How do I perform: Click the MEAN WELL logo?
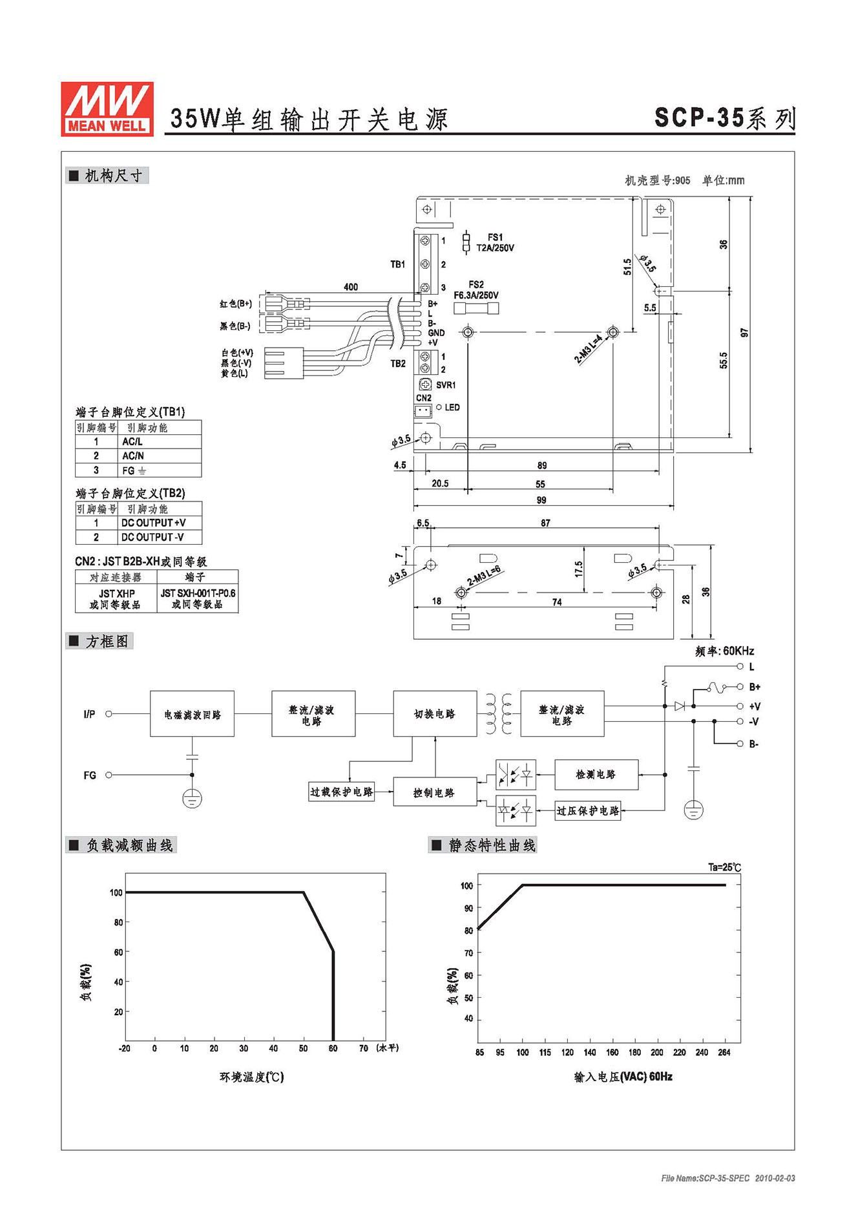(107, 109)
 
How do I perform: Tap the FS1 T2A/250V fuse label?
(495, 242)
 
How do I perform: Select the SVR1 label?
(446, 385)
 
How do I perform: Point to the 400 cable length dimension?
(351, 287)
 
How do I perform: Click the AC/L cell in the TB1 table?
(132, 441)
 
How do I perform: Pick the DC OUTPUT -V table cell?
(152, 537)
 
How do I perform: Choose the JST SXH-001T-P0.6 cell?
(198, 593)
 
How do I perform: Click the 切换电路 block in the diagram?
(435, 713)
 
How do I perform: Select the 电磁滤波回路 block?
(192, 713)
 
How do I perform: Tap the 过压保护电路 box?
(588, 810)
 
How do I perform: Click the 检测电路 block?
(596, 774)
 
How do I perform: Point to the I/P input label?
(89, 714)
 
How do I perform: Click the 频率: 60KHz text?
(724, 651)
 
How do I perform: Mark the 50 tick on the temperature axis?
(303, 1048)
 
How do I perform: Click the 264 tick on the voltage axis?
(724, 1052)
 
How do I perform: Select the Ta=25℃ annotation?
(724, 867)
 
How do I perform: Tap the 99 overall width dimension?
(541, 500)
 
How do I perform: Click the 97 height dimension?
(744, 333)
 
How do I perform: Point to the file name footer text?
(728, 1178)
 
